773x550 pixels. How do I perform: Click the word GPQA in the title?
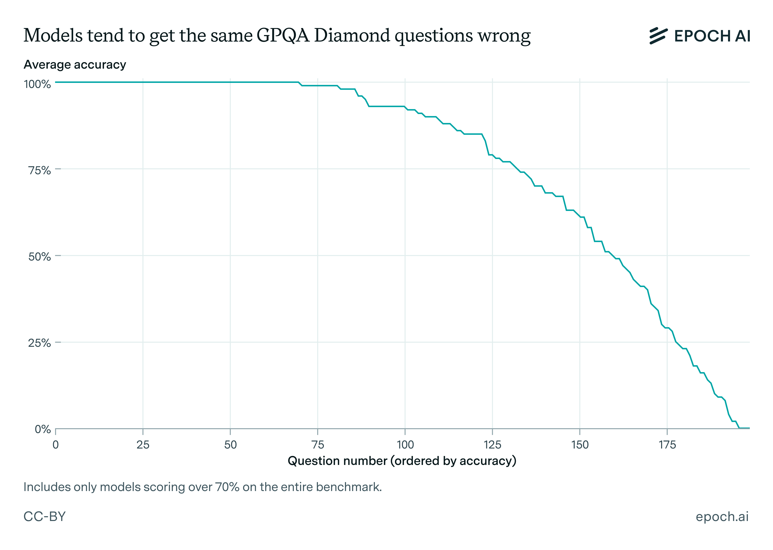point(283,36)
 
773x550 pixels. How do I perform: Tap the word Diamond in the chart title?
point(352,36)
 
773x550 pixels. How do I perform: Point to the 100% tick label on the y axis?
point(37,84)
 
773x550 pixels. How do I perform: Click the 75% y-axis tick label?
point(40,170)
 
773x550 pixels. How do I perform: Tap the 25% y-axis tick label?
point(40,343)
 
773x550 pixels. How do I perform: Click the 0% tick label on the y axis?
point(43,429)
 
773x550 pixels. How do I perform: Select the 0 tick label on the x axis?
point(56,445)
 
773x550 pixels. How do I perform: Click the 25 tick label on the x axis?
point(143,445)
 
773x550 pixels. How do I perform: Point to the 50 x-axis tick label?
point(230,445)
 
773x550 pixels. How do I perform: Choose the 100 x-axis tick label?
point(405,445)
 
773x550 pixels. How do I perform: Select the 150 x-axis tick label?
point(580,445)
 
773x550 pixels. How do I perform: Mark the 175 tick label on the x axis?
point(667,445)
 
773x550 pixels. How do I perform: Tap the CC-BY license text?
point(44,516)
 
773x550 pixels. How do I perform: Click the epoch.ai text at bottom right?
point(722,516)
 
